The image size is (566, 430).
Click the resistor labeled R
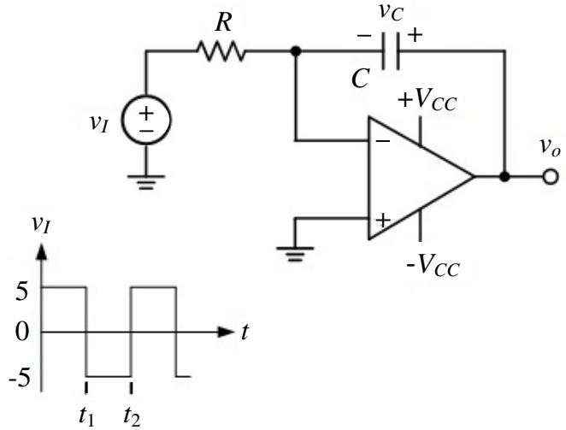click(x=221, y=51)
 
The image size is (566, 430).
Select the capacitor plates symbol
click(x=390, y=51)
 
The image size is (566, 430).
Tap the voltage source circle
click(x=146, y=121)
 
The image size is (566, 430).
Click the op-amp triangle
click(x=421, y=177)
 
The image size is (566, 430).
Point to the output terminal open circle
click(x=550, y=177)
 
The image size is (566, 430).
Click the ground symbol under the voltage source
click(x=146, y=183)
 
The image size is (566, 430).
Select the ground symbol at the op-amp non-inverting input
click(x=295, y=255)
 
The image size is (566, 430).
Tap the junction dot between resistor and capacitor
click(x=296, y=51)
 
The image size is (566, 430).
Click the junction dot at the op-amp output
click(x=504, y=177)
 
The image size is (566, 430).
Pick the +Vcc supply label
click(x=427, y=99)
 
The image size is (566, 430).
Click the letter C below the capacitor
click(x=360, y=79)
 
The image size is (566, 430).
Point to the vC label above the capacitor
click(x=391, y=13)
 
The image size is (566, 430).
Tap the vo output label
click(x=550, y=148)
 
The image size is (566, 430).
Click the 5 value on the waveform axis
click(x=21, y=292)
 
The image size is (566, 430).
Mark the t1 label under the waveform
click(x=86, y=417)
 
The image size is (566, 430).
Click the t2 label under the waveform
click(x=132, y=417)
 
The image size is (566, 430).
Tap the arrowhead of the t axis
click(x=226, y=332)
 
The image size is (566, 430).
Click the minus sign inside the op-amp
click(x=383, y=140)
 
